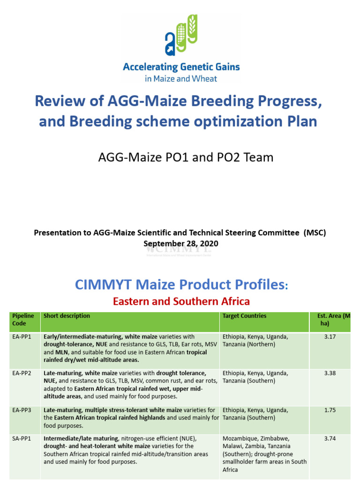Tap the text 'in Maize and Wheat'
pos(181,79)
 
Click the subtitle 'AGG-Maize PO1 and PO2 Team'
pos(186,157)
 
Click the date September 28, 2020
pos(180,244)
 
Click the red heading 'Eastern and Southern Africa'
pos(181,301)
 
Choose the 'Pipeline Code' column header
pos(23,320)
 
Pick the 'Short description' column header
pos(67,316)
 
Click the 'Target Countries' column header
pos(244,316)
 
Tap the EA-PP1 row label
pos(22,337)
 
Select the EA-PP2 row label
pos(22,373)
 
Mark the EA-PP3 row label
pos(22,410)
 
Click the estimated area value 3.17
pos(330,337)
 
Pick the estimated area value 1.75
pos(330,410)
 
